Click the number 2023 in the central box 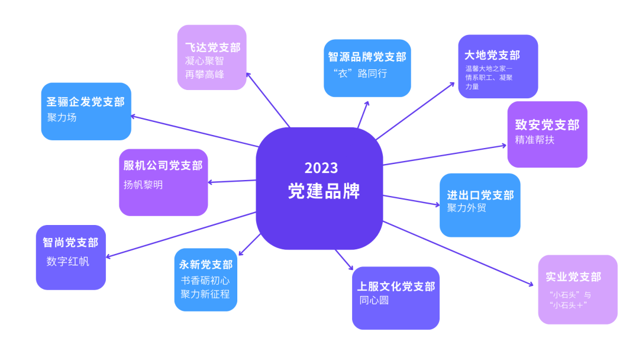coord(321,168)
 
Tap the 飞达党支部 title coord(212,47)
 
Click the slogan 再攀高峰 coord(205,75)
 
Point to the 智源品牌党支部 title coord(367,57)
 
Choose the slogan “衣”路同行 coord(360,73)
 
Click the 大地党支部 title coord(492,55)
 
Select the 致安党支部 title coord(547,125)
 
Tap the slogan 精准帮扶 coord(534,140)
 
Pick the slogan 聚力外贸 coord(467,208)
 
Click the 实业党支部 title coord(573,277)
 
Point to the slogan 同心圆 coord(374,300)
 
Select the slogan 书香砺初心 coord(205,281)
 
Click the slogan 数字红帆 coord(67,261)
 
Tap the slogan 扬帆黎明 coord(143,185)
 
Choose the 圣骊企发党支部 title coord(86,102)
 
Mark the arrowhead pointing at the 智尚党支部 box coord(108,256)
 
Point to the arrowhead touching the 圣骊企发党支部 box coord(134,116)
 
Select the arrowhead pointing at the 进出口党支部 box coord(437,204)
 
